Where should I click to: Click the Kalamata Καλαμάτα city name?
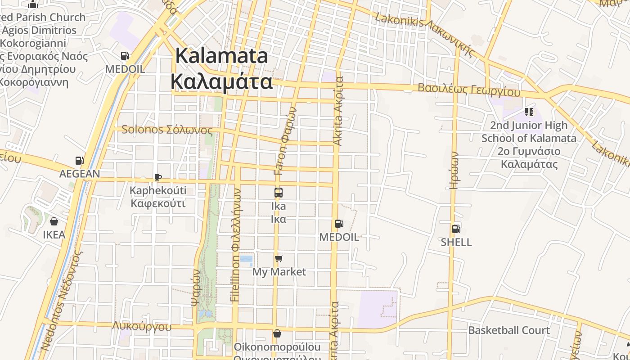click(x=221, y=69)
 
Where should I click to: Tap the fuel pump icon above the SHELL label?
click(x=456, y=229)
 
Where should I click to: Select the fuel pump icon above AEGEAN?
click(x=79, y=161)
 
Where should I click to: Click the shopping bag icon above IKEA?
click(x=54, y=221)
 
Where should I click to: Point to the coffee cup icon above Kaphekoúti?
click(x=157, y=177)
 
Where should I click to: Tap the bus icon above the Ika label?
click(x=279, y=193)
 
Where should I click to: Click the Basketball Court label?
click(x=509, y=330)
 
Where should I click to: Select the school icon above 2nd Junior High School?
click(x=529, y=112)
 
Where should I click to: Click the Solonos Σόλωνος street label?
click(x=167, y=130)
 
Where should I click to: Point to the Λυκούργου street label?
click(x=142, y=326)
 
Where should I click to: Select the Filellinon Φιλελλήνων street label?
click(x=235, y=245)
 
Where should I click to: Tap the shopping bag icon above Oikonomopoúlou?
click(x=277, y=333)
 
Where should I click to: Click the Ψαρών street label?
click(x=196, y=288)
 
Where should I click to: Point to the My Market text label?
click(x=279, y=272)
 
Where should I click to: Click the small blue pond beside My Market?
click(x=246, y=259)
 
